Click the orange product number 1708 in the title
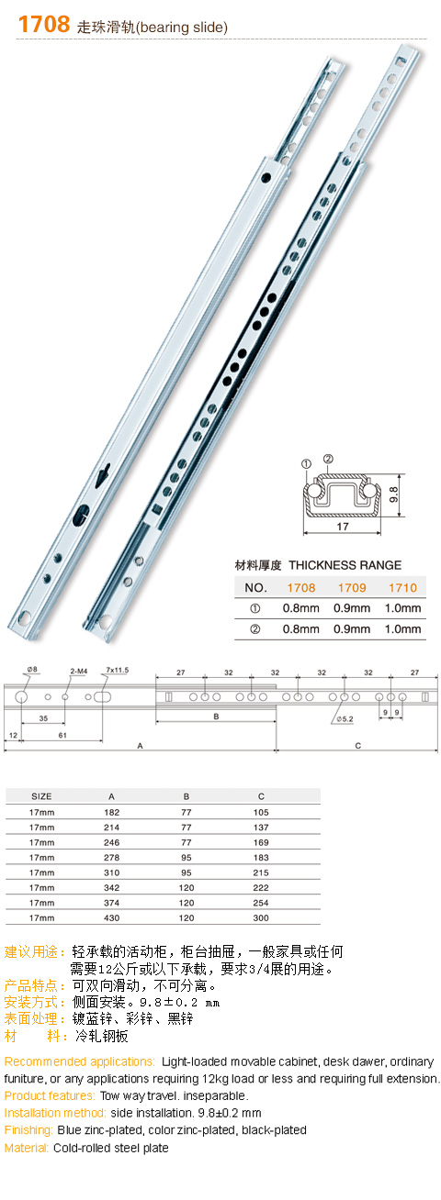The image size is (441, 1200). pyautogui.click(x=44, y=24)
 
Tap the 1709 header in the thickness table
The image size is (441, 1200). pyautogui.click(x=352, y=588)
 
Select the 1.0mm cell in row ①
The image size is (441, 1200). pyautogui.click(x=403, y=608)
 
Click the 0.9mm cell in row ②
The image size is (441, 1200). pyautogui.click(x=352, y=629)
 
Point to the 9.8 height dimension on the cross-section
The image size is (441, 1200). pyautogui.click(x=394, y=494)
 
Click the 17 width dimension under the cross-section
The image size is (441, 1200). pyautogui.click(x=343, y=527)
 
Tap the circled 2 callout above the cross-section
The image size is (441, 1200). pyautogui.click(x=328, y=459)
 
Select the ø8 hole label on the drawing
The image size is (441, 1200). pyautogui.click(x=32, y=669)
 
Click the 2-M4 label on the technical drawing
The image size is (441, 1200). pyautogui.click(x=78, y=671)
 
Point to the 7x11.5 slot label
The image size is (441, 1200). pyautogui.click(x=117, y=670)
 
